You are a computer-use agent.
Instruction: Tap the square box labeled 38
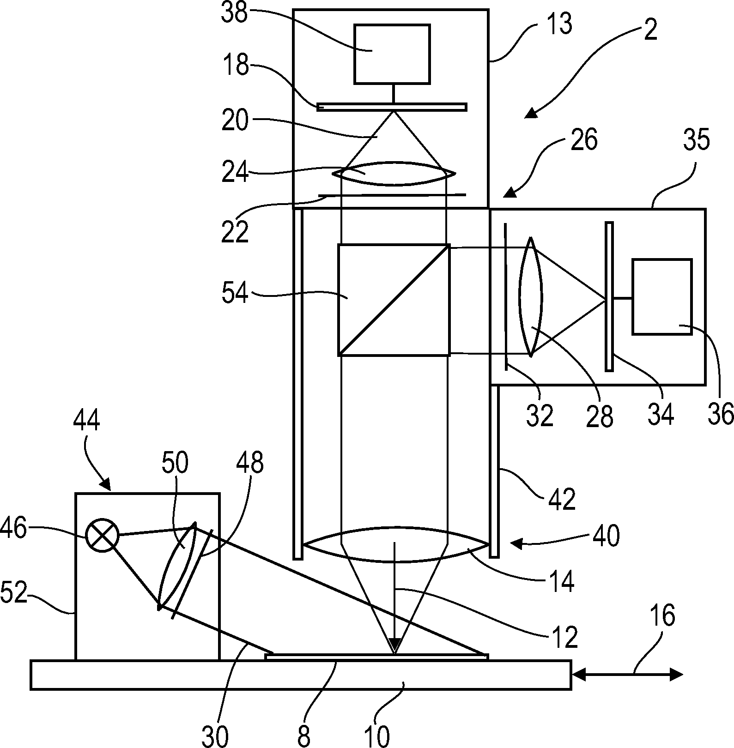coord(392,54)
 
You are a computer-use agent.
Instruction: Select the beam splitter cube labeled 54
coord(394,300)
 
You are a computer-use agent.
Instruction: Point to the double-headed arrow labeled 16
coord(627,675)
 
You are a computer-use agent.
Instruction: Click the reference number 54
coord(235,294)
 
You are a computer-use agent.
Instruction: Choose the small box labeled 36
coord(661,296)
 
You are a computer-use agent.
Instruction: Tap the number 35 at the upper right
coord(696,140)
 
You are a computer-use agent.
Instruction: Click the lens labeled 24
coord(394,174)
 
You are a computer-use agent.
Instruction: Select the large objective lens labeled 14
coord(395,545)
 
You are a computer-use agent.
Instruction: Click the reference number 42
coord(562,499)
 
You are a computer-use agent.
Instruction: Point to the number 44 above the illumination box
coord(86,422)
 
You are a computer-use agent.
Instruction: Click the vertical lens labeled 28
coord(531,297)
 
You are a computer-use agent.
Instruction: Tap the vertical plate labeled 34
coord(609,296)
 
